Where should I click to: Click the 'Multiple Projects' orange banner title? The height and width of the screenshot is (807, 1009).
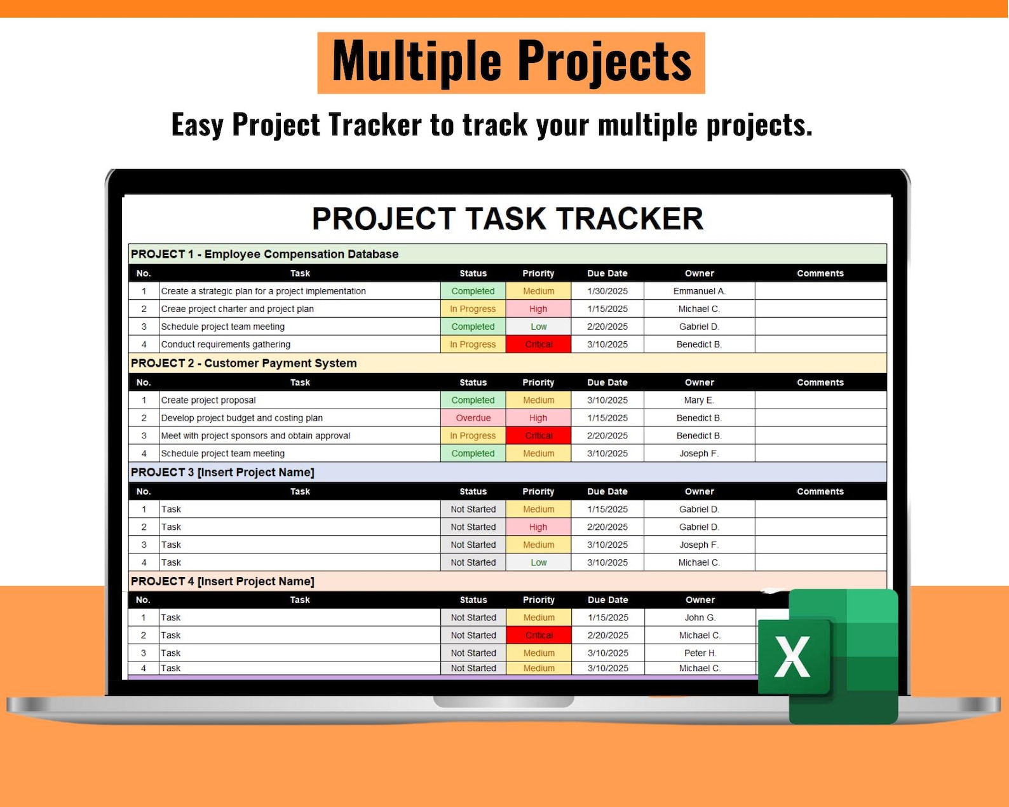point(511,63)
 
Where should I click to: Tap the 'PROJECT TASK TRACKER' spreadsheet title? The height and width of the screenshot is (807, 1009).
point(508,219)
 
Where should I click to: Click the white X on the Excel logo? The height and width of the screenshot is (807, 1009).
point(792,656)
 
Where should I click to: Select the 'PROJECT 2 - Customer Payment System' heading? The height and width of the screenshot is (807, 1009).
point(244,363)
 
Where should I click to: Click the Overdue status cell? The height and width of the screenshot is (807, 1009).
point(473,418)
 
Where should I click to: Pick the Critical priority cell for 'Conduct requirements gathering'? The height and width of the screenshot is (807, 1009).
point(538,344)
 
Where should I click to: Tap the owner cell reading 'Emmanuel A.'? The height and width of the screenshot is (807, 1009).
point(699,291)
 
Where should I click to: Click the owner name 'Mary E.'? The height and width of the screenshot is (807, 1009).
point(699,400)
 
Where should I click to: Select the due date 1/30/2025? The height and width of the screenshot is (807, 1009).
point(607,291)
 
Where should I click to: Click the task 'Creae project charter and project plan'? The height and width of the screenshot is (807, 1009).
point(237,309)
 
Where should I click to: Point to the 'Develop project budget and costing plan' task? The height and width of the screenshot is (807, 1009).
point(242,418)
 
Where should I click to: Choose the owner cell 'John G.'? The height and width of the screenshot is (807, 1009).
point(700,618)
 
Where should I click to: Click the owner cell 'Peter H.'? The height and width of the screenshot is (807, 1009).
point(700,653)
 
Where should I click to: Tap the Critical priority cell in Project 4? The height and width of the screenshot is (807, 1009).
point(539,635)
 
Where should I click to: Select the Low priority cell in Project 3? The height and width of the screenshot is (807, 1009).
point(538,562)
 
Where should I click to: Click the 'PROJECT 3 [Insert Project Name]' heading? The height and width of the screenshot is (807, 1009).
point(223,472)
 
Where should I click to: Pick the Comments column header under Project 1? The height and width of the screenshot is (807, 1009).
point(820,273)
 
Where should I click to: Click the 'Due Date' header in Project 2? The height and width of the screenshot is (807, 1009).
point(607,383)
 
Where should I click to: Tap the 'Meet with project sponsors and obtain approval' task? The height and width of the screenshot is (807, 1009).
point(255,436)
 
